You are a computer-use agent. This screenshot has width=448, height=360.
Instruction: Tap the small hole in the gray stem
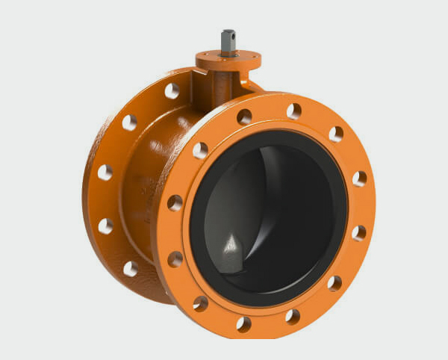click(231, 35)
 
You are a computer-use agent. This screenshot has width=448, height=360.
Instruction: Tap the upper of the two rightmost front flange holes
click(360, 179)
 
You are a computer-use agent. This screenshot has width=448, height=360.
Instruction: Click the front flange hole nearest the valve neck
click(244, 117)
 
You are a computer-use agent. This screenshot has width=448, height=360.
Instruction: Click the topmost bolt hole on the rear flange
click(172, 91)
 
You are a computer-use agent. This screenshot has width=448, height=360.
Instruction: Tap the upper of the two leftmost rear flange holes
click(105, 172)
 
